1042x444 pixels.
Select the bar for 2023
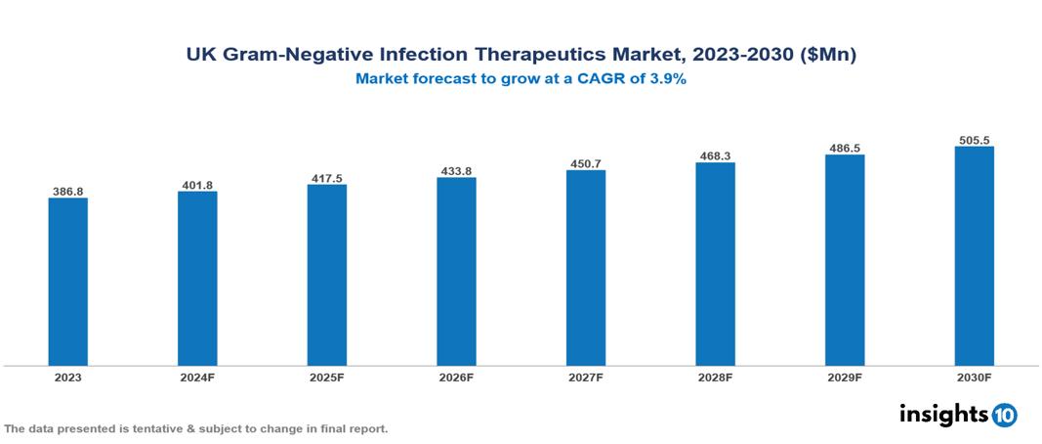67,282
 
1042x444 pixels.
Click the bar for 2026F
456,271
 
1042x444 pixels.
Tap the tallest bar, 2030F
974,256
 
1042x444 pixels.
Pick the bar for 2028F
715,264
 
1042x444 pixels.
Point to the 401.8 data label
197,184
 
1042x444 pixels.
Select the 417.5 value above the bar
326,177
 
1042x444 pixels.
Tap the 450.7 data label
586,163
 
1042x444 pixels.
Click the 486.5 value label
845,148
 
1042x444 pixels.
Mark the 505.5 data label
974,140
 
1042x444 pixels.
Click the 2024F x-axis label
197,377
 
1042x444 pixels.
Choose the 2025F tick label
326,377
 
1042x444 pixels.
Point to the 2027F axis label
586,377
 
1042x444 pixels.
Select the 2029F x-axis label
845,377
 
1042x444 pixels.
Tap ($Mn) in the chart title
827,56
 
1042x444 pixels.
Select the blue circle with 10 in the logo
1004,415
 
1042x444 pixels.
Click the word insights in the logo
943,414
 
